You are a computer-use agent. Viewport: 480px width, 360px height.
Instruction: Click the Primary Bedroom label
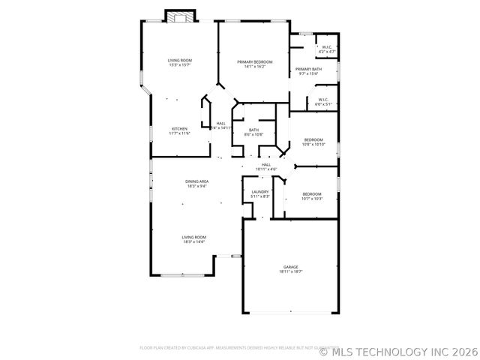coord(254,61)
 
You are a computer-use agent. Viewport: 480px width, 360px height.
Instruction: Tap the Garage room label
coord(290,267)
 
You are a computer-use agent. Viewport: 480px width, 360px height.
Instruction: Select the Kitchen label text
coord(179,128)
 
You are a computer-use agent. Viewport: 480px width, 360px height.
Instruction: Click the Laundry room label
coord(260,191)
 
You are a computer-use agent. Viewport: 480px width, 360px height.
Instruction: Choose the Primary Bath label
coord(308,69)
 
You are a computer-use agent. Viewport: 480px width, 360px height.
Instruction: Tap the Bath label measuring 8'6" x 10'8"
coord(254,130)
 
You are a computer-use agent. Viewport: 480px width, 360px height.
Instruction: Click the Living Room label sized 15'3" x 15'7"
coord(179,60)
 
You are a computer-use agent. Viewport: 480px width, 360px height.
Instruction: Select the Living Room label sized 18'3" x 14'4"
coord(194,237)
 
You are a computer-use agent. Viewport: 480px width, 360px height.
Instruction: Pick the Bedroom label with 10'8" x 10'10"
coord(313,139)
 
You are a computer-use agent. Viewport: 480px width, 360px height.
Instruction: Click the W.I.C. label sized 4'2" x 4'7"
coord(327,47)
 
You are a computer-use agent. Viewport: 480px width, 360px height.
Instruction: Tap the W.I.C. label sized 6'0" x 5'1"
coord(323,100)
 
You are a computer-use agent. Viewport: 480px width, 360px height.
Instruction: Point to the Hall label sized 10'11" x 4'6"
coord(266,164)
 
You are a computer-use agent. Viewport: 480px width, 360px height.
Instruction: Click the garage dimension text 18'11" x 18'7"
coord(290,272)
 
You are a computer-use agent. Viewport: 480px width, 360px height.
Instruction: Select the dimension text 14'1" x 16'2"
coord(254,67)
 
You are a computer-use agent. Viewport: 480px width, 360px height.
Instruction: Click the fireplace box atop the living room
coord(180,16)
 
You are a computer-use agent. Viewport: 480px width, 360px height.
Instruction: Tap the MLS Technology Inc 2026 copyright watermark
coord(398,350)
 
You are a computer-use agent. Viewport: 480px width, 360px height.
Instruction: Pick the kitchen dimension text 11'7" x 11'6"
coord(179,133)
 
